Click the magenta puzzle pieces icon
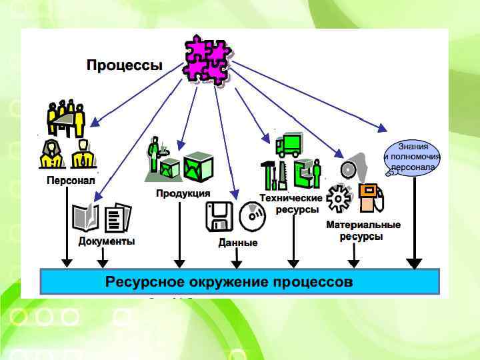click(x=207, y=59)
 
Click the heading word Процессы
click(x=125, y=65)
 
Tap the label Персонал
click(x=71, y=180)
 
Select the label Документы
click(x=107, y=241)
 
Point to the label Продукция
click(x=183, y=193)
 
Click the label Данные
click(x=238, y=243)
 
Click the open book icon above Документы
click(x=85, y=217)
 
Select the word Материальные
click(x=363, y=225)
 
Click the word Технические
click(x=291, y=198)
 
